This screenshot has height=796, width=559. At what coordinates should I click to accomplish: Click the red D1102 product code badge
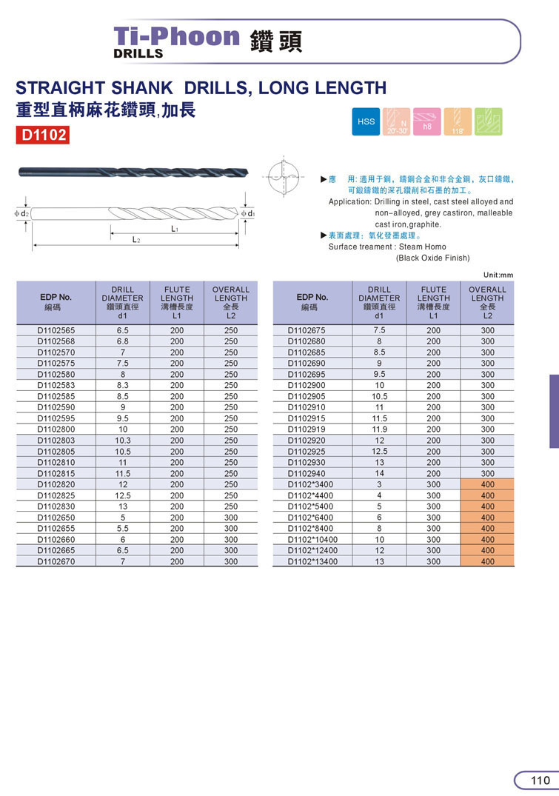tap(43, 135)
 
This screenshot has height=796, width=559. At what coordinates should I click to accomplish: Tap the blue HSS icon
tap(366, 121)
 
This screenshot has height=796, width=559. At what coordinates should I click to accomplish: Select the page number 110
tap(540, 780)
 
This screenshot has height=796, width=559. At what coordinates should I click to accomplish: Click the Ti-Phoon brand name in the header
tap(176, 36)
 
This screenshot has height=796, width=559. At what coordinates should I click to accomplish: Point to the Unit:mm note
tap(498, 275)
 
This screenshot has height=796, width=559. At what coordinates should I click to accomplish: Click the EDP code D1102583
tap(56, 385)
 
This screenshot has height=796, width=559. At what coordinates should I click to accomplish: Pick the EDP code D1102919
tap(307, 429)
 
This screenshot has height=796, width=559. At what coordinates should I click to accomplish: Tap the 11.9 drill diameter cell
tap(379, 429)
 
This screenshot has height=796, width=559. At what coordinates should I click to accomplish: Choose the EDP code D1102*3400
tap(309, 484)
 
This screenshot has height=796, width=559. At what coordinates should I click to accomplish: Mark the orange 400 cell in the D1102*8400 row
tap(487, 529)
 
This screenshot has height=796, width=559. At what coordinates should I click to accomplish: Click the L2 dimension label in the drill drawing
tap(136, 241)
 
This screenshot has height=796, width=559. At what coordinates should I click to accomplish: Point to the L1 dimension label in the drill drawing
tap(175, 230)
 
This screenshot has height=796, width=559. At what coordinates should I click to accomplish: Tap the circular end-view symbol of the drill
tap(284, 178)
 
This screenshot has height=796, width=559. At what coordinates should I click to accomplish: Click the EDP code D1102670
tap(56, 561)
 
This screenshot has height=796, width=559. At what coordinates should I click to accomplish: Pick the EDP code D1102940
tap(307, 473)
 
